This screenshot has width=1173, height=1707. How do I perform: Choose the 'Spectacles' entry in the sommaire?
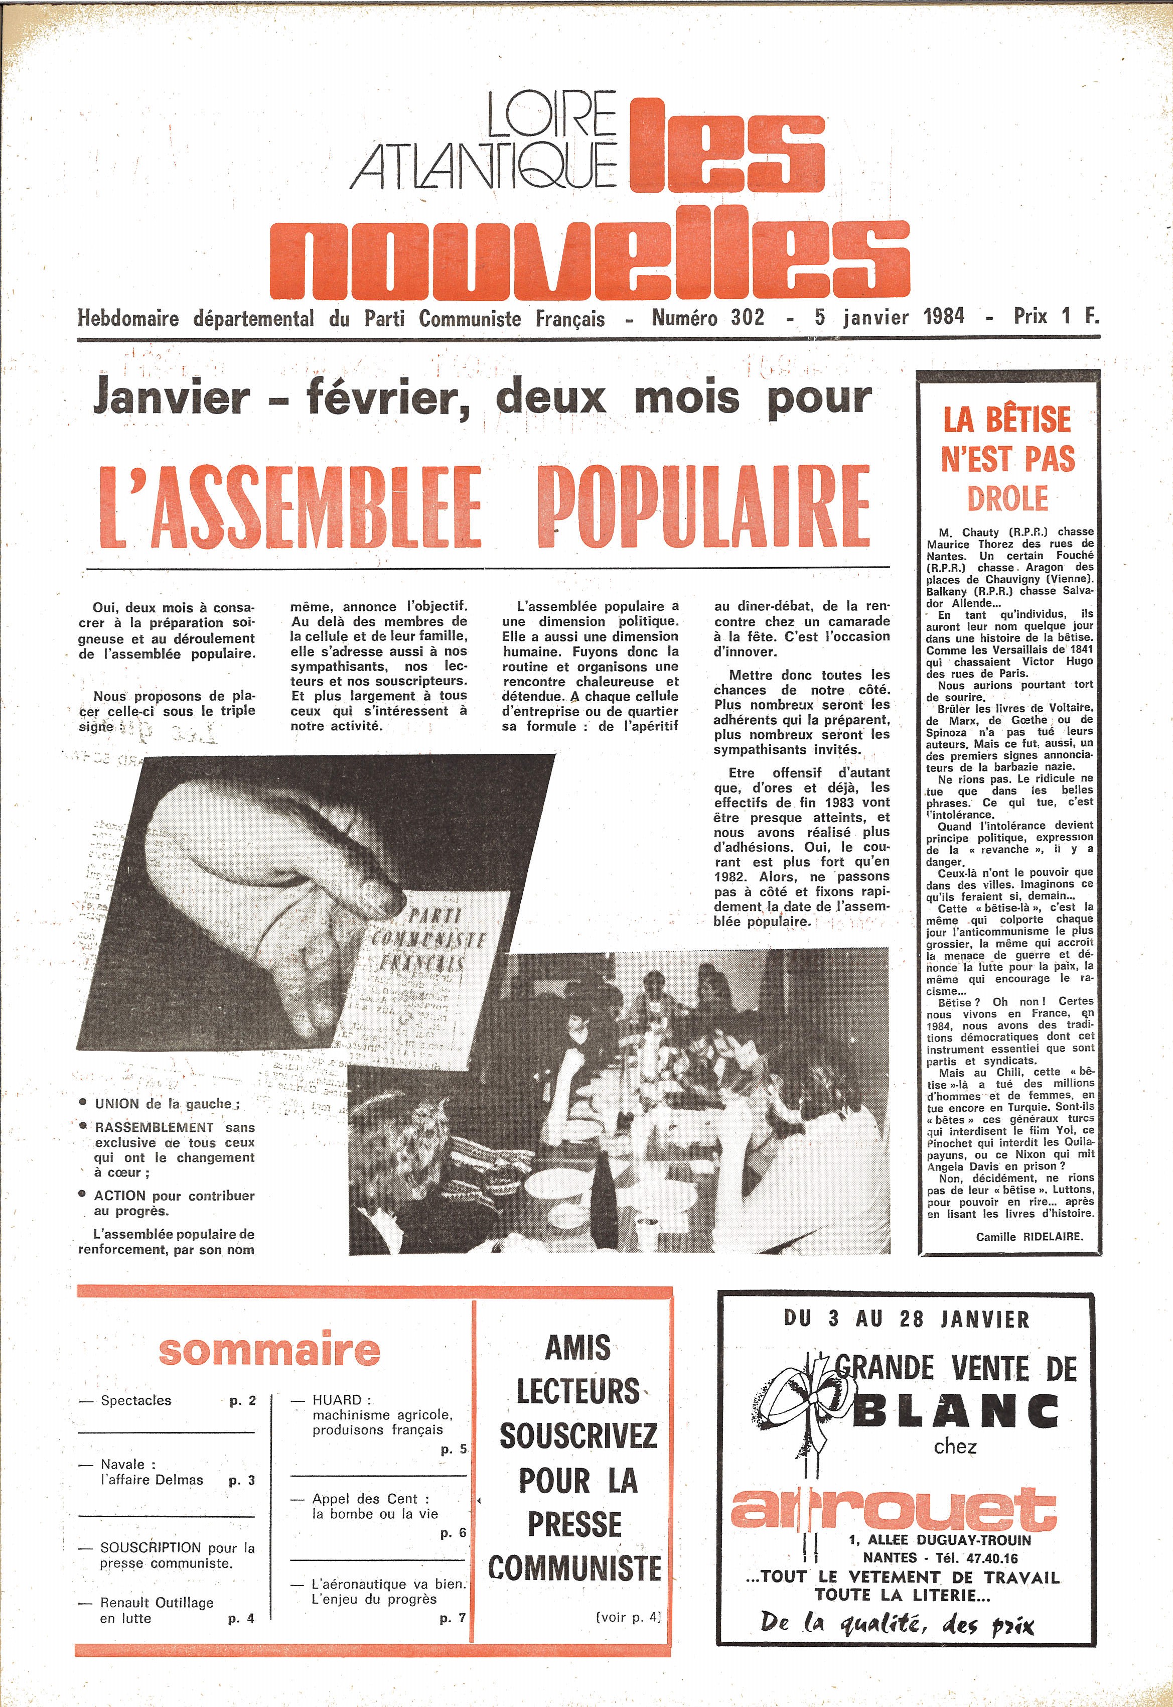(x=136, y=1400)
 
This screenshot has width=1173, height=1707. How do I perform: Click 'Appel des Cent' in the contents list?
(x=365, y=1499)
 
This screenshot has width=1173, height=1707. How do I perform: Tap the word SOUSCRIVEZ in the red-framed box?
(x=577, y=1436)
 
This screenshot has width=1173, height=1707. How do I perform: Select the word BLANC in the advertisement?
(x=955, y=1411)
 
